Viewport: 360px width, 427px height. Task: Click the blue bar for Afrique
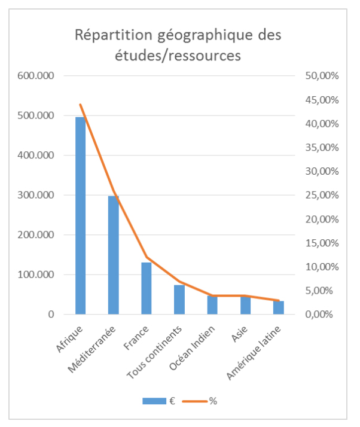click(80, 215)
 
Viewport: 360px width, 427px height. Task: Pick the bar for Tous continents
click(179, 299)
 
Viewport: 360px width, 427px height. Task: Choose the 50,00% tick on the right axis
click(323, 76)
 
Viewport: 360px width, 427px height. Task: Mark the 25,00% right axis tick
click(323, 195)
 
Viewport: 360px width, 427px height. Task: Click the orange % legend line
click(197, 401)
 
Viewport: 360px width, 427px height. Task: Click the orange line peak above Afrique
click(80, 105)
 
